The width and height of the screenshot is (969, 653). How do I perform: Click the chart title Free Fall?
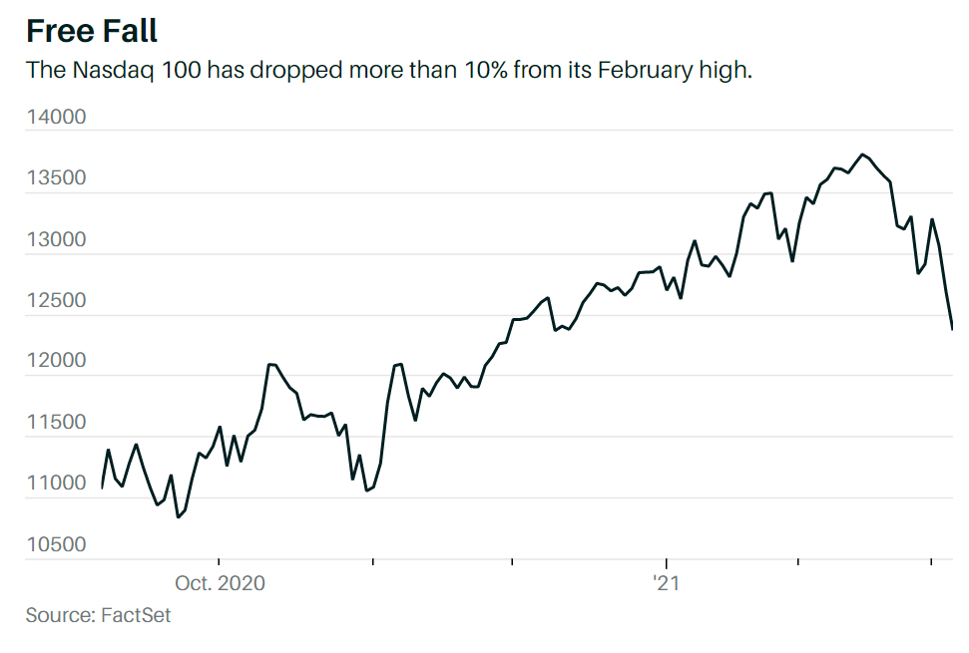[92, 31]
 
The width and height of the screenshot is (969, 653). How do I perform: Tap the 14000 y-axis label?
[56, 118]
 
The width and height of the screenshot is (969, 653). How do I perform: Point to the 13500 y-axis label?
[56, 178]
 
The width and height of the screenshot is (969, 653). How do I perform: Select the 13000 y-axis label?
[56, 240]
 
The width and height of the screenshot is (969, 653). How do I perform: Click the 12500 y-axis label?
[56, 301]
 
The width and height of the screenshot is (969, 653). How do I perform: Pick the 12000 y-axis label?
[56, 362]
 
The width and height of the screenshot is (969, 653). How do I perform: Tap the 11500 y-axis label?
[56, 423]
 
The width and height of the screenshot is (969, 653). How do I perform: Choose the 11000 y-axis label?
[56, 484]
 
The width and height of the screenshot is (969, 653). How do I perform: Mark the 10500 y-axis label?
[56, 544]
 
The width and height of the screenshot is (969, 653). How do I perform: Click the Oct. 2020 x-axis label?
[220, 583]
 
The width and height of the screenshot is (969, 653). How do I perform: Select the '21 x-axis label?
[666, 583]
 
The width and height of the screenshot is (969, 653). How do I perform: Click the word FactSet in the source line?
[136, 615]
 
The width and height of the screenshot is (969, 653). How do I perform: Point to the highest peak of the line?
[862, 155]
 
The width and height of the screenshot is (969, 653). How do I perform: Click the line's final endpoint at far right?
[952, 328]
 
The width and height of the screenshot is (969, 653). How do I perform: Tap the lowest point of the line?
[178, 517]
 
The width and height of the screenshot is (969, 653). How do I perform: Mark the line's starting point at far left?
[102, 488]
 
